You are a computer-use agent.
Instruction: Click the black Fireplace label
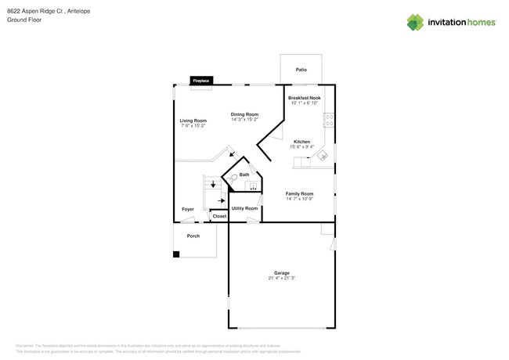coord(201,81)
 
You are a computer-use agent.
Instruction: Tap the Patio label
coord(301,70)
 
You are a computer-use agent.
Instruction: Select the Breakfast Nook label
coord(305,98)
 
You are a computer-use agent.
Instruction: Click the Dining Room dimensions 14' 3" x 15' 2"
coord(246,120)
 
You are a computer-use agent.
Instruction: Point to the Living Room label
coord(193,121)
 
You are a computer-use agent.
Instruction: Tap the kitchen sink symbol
coord(321,157)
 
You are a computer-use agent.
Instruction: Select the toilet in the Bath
coord(233,178)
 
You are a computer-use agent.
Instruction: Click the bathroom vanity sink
coord(252,185)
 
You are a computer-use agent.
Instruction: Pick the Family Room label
coord(299,193)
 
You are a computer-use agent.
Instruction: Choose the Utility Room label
coord(244,208)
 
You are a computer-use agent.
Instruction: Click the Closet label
coord(219,216)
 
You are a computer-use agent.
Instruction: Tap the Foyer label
coord(188,209)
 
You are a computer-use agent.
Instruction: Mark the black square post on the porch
coord(176,254)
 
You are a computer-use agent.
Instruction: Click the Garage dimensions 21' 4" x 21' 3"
coord(281,278)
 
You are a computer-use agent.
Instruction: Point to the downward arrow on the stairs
coord(211,185)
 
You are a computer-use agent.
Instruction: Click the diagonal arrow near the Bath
coord(229,154)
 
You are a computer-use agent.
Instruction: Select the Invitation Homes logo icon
coord(415,22)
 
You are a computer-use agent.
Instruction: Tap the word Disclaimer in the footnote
coord(25,345)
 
